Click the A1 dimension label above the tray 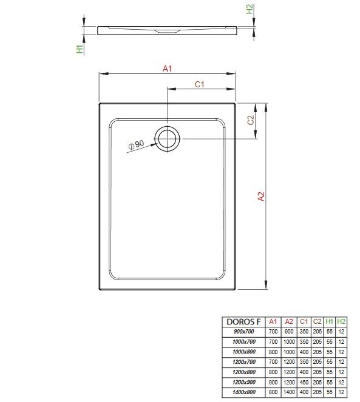tap(168, 69)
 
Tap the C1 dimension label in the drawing tap(199, 84)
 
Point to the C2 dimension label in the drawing tap(250, 120)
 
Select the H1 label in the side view tap(80, 49)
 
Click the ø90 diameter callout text tap(136, 144)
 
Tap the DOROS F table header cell tap(244, 322)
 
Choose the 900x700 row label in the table tap(244, 332)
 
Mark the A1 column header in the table tap(273, 322)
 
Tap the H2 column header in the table tap(341, 322)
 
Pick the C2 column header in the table tap(316, 322)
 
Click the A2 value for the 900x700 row tap(288, 332)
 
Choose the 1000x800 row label tap(244, 351)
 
